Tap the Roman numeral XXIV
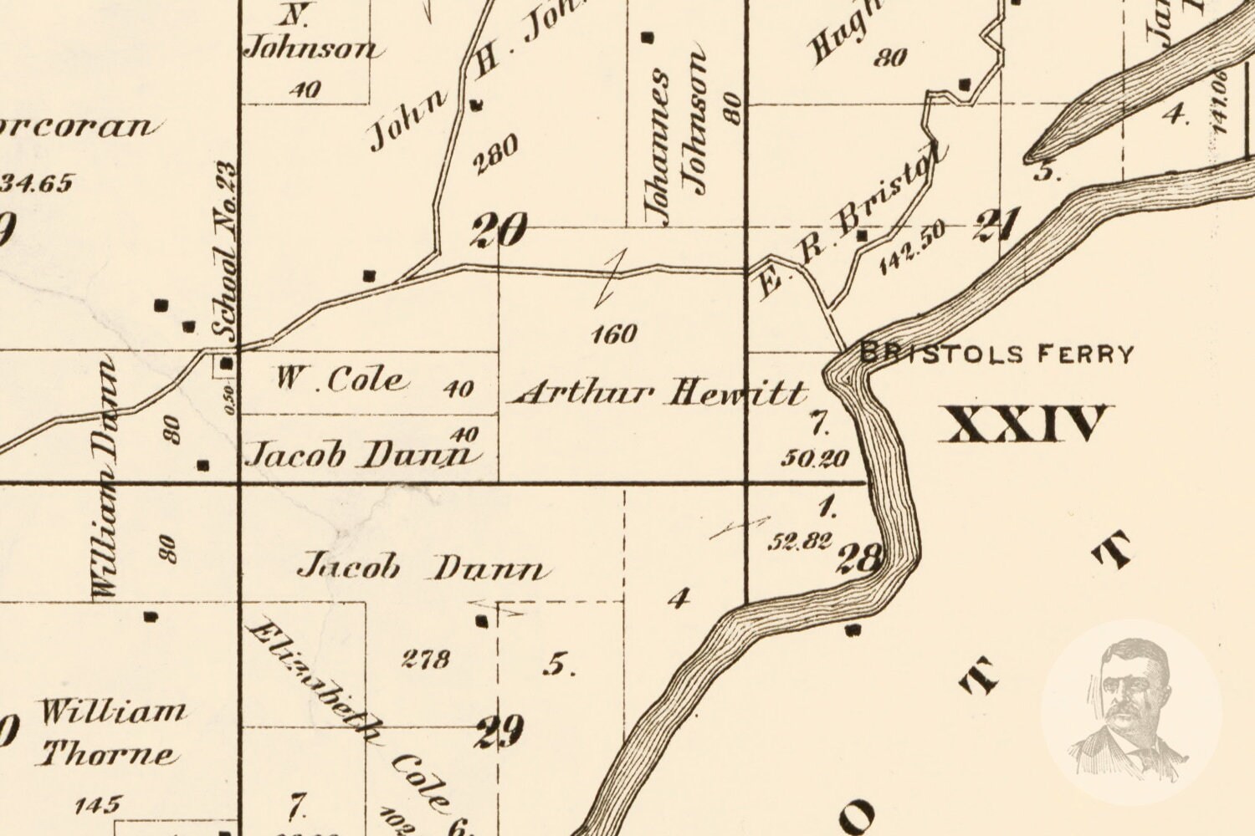tap(1023, 424)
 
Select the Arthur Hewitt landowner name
tap(659, 392)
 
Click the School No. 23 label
tap(225, 251)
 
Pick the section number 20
tap(499, 230)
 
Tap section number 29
tap(499, 731)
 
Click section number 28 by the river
tap(857, 558)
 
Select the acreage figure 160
tap(614, 334)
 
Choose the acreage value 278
tap(425, 659)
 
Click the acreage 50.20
tap(816, 457)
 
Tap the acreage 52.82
tap(800, 542)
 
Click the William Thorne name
tap(110, 734)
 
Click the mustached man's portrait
tap(1131, 711)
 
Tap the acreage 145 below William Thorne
tap(97, 806)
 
